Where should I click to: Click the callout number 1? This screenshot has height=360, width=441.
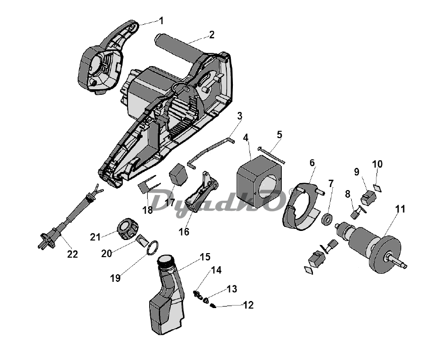pos(161,21)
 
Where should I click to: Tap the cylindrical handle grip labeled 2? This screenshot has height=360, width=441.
pos(178,48)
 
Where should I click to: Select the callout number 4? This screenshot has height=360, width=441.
pos(246,138)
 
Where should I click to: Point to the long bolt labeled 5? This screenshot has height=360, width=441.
pos(271,155)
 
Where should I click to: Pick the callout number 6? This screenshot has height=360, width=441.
pos(312,163)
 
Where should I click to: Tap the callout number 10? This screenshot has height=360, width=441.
pos(377,164)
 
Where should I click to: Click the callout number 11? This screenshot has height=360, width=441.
pos(400,209)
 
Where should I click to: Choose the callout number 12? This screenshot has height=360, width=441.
pos(248,305)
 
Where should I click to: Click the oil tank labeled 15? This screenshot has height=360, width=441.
pos(166,295)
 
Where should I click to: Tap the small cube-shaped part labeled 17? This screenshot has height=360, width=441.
pos(178,174)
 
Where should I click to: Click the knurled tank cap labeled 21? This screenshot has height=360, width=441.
pos(128,229)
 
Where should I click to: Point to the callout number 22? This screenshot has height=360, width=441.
pos(72,254)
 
